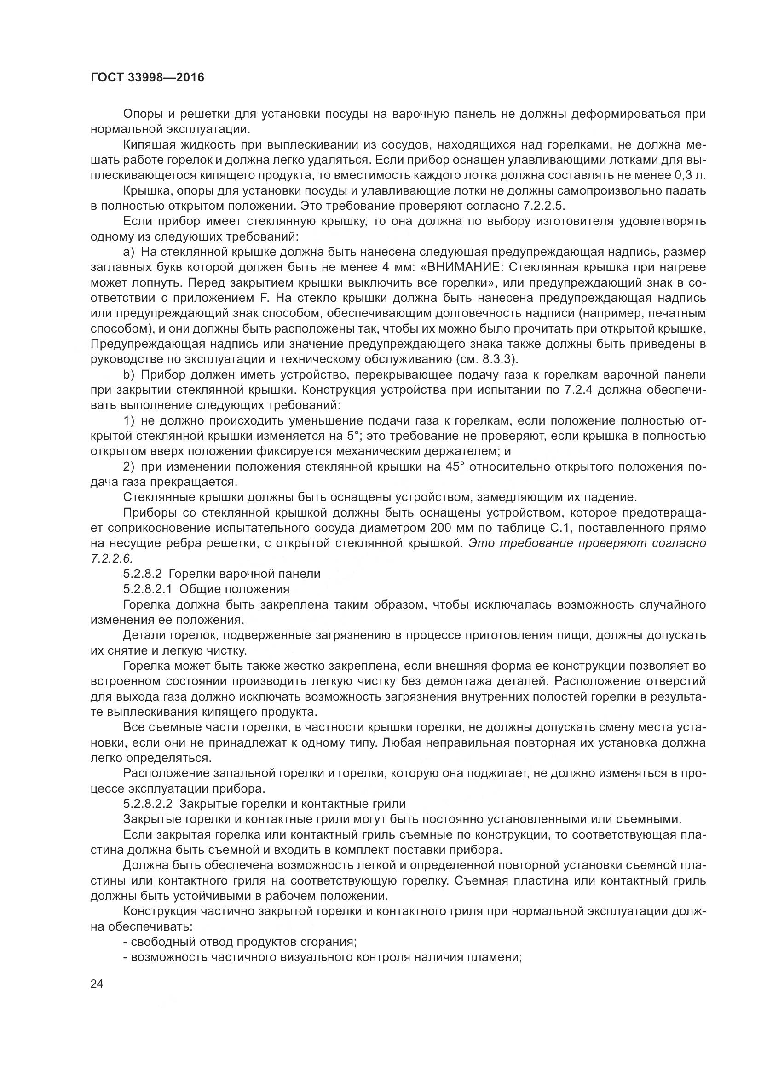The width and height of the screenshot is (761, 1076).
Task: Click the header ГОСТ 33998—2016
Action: click(x=147, y=77)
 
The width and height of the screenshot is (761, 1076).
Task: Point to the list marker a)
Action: click(x=128, y=252)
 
